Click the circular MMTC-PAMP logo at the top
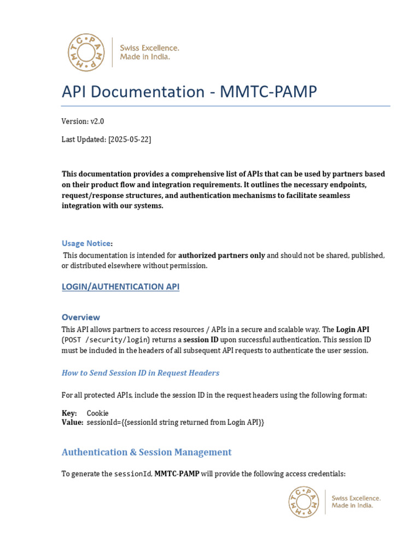coord(87,52)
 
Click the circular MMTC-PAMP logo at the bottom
coord(304,502)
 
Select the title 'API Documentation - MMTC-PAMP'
coord(189,91)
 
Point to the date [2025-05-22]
coord(130,139)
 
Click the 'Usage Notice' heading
coord(86,243)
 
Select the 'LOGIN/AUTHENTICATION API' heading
coord(120,287)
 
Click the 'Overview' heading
coord(81,317)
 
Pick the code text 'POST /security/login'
coord(106,340)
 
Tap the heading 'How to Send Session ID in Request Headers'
coord(141,373)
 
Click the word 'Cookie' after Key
coord(98,413)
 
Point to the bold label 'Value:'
coord(72,423)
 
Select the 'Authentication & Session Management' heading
coord(147,452)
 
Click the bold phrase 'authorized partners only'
coord(221,255)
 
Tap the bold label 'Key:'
coord(69,413)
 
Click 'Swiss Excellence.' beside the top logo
coord(149,48)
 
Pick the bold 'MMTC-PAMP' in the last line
coord(177,474)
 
